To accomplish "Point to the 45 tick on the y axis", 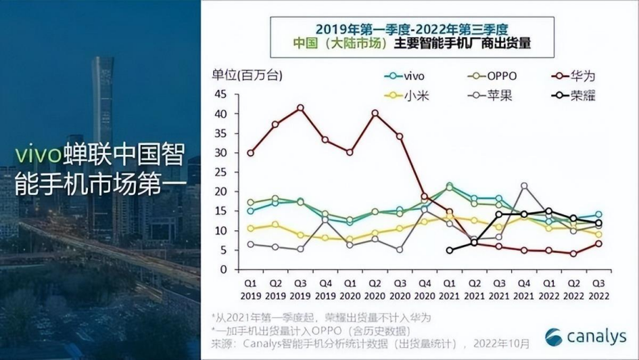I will [x=221, y=94].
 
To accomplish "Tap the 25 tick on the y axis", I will [x=221, y=172].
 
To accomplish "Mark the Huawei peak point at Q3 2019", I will [x=300, y=108].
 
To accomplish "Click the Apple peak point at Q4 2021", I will [x=523, y=185].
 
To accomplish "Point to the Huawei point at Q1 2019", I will [x=251, y=153].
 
